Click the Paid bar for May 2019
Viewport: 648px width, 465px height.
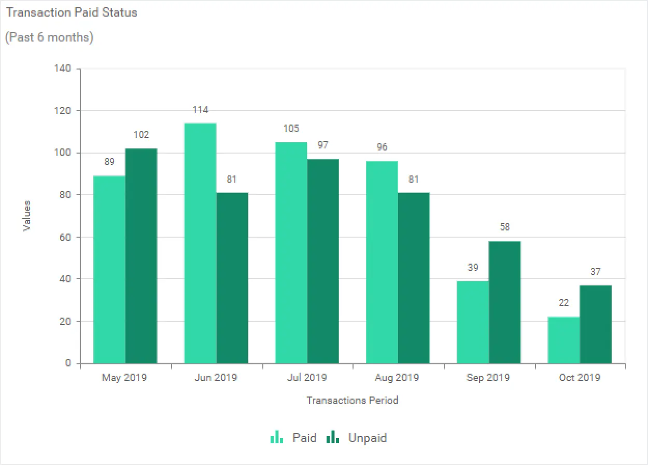pyautogui.click(x=109, y=270)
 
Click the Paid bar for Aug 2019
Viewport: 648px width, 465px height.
pyautogui.click(x=382, y=262)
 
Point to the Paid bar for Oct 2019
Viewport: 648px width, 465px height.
pyautogui.click(x=564, y=340)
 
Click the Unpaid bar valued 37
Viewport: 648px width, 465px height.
pyautogui.click(x=596, y=324)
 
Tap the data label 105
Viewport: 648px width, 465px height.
pyautogui.click(x=291, y=129)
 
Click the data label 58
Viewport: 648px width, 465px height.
pyautogui.click(x=505, y=227)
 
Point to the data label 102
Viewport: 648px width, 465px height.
pyautogui.click(x=141, y=135)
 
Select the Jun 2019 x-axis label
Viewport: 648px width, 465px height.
pyautogui.click(x=216, y=377)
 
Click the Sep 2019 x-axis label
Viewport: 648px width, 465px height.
pyautogui.click(x=488, y=377)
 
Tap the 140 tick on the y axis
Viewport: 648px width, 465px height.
pyautogui.click(x=65, y=69)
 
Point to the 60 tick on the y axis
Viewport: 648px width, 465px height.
pyautogui.click(x=67, y=237)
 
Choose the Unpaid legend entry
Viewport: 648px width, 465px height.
pyautogui.click(x=357, y=437)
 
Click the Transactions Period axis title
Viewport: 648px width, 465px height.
pyautogui.click(x=353, y=400)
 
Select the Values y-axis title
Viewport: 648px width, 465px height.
pyautogui.click(x=27, y=216)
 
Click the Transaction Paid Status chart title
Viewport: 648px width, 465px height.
pyautogui.click(x=72, y=13)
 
